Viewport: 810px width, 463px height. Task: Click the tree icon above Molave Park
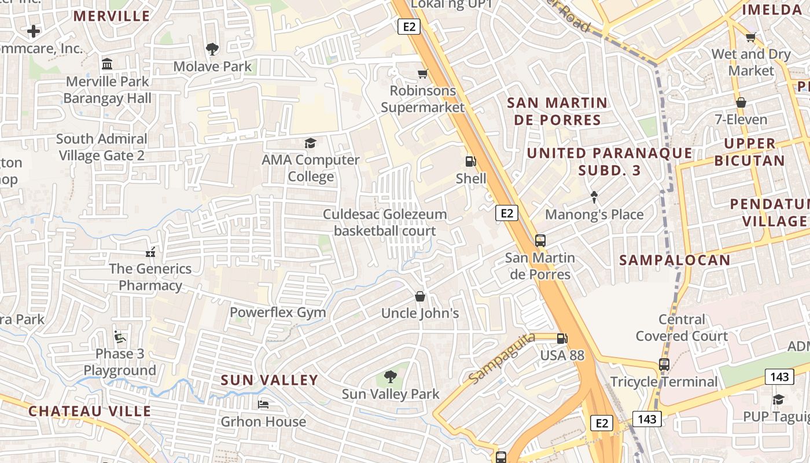(x=212, y=49)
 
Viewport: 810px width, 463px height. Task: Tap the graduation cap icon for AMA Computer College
(x=311, y=143)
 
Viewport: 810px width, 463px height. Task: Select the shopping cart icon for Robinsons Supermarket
(x=423, y=74)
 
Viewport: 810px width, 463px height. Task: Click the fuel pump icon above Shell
(x=471, y=161)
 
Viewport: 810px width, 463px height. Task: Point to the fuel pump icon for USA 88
(x=561, y=339)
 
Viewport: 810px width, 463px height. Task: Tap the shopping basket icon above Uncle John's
(x=420, y=296)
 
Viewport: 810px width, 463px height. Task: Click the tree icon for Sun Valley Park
(x=391, y=377)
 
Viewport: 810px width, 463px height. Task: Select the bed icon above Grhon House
(x=263, y=404)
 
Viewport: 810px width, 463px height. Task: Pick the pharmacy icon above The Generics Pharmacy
(x=150, y=252)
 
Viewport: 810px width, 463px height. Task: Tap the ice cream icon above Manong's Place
(x=594, y=197)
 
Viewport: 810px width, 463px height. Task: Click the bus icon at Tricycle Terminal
(x=664, y=365)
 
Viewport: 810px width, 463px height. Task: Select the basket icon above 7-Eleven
(x=741, y=102)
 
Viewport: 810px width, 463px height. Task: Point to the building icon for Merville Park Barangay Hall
(x=107, y=64)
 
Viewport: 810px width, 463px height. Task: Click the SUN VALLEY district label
(x=270, y=380)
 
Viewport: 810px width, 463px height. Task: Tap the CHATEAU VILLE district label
(x=90, y=411)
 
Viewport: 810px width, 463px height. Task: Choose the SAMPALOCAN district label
(x=675, y=260)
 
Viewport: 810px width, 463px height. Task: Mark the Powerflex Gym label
(x=278, y=313)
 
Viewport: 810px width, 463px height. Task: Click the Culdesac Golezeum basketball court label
(x=385, y=223)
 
